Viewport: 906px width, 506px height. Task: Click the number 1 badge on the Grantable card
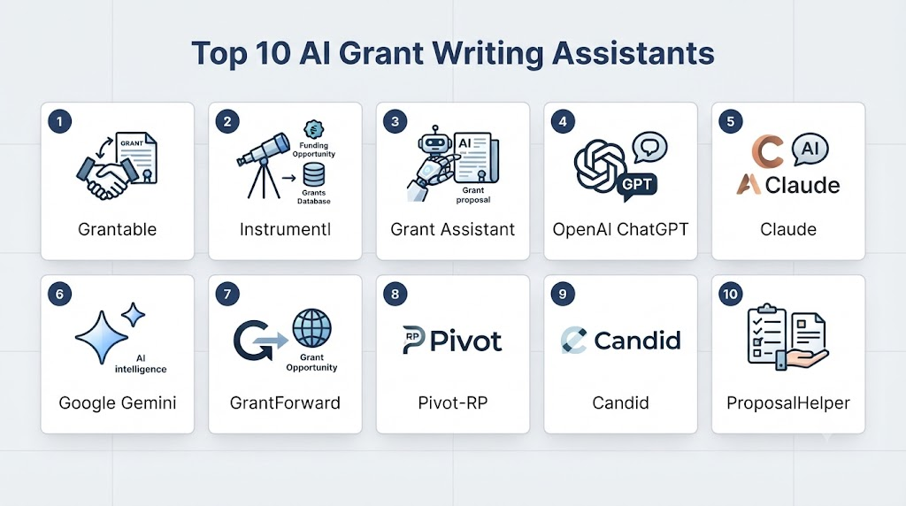[x=59, y=121]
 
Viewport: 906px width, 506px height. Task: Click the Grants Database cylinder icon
[x=314, y=174]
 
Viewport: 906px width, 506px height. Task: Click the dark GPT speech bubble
[x=637, y=185]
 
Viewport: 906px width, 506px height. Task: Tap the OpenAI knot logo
[x=599, y=165]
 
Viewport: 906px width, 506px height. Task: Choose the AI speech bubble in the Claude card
[x=810, y=149]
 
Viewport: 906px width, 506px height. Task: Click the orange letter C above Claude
[x=767, y=151]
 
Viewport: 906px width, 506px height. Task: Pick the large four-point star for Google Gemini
[x=102, y=337]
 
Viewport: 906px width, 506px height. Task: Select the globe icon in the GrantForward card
[x=312, y=328]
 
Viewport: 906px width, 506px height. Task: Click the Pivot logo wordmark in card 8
[x=452, y=341]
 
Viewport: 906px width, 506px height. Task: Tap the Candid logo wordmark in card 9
[x=620, y=341]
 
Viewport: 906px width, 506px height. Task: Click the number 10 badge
[x=730, y=294]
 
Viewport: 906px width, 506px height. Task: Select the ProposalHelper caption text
[x=788, y=402]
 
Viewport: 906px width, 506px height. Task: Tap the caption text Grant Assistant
[x=452, y=229]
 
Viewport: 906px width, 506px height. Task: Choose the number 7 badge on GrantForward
[x=227, y=294]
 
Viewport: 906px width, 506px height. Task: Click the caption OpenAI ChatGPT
[x=620, y=229]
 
